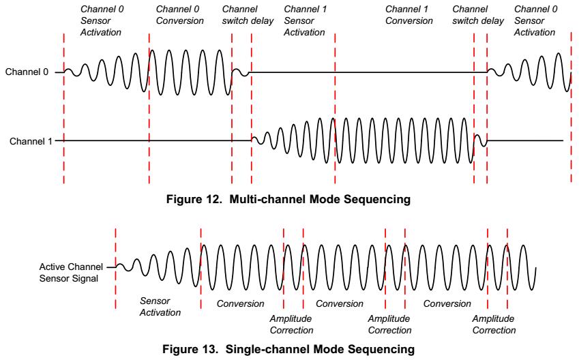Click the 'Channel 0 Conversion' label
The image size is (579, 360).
[180, 15]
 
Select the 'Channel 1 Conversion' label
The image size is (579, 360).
[409, 15]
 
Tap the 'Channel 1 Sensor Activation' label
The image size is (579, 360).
[305, 20]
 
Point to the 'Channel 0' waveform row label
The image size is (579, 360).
[27, 72]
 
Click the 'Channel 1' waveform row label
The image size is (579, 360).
[31, 141]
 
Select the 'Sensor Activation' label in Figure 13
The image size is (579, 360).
[160, 306]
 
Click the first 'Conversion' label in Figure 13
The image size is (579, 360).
[240, 303]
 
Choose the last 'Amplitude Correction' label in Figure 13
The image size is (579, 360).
[494, 324]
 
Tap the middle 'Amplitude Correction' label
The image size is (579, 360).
[389, 324]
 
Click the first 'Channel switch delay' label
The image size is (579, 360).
[248, 15]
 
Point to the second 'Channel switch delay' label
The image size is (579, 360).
[478, 15]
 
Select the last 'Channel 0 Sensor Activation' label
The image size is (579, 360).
[535, 20]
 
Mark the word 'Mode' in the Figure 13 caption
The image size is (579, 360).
[324, 349]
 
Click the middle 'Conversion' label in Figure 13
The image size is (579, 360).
[340, 303]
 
